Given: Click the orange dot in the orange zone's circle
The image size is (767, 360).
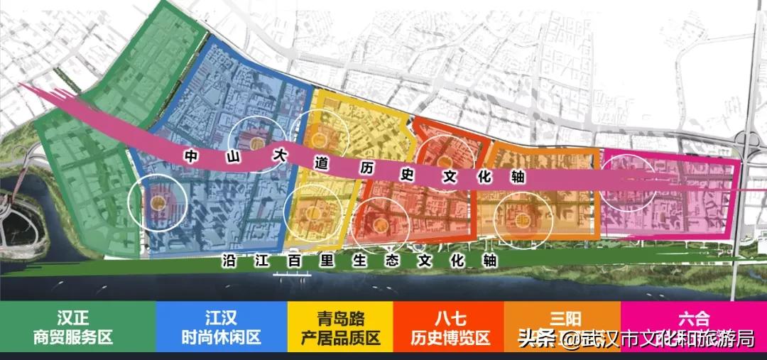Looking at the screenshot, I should tap(524, 219).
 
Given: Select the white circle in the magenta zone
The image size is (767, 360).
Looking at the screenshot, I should tap(629, 182).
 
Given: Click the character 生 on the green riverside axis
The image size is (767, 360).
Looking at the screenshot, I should tap(359, 261).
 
